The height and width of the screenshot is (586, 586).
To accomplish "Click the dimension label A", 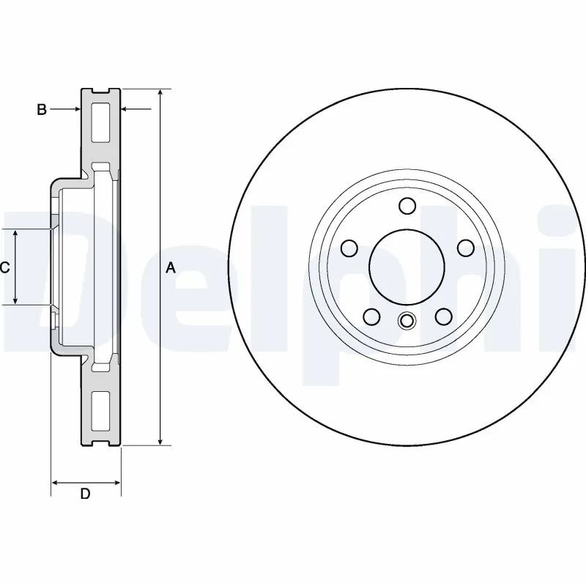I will [x=171, y=268].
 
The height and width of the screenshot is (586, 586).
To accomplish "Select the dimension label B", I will [x=42, y=110].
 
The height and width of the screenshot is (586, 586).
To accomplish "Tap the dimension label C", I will [x=4, y=268].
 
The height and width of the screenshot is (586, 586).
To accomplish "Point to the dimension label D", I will [x=85, y=494].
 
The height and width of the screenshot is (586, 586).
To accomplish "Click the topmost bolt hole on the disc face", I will [x=408, y=205].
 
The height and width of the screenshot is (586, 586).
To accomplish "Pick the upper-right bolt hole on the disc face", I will [x=465, y=248].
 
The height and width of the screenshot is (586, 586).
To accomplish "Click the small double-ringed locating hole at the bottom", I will [x=407, y=321].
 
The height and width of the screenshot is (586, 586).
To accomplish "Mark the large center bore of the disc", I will [x=407, y=265].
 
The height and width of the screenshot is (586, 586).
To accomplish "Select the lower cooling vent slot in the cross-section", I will [x=100, y=411].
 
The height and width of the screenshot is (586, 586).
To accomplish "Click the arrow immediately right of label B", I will [x=75, y=110].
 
